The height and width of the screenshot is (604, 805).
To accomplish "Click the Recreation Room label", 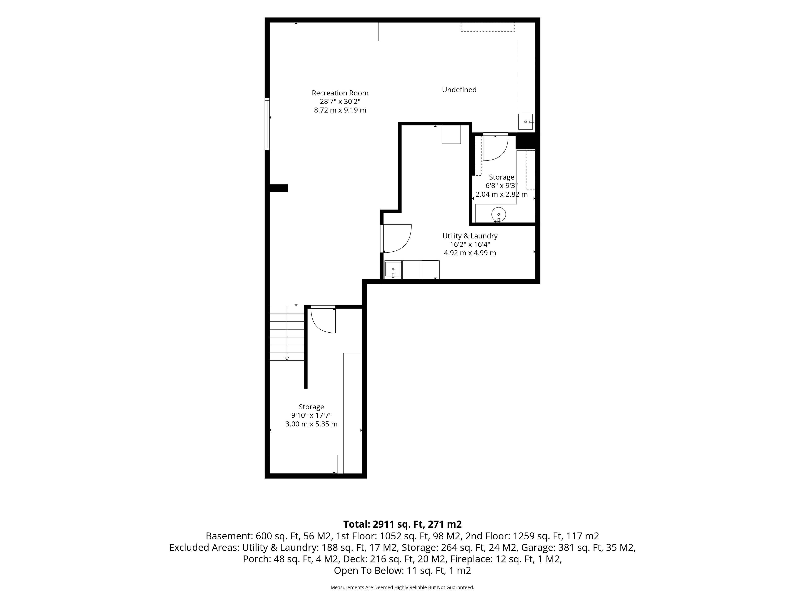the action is (340, 93).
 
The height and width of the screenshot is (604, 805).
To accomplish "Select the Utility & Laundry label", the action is (470, 236).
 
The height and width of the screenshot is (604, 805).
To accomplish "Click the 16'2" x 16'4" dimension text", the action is (470, 244).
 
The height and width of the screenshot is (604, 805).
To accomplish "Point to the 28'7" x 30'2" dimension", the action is (340, 102).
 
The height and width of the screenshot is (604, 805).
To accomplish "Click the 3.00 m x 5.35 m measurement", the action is (311, 424).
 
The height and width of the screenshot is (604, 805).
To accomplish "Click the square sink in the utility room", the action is (393, 270).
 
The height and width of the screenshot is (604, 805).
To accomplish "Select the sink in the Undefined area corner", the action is (526, 122).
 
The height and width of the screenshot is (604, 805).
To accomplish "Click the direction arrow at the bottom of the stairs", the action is (287, 359).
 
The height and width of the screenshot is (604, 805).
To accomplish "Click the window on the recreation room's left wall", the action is (267, 124).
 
